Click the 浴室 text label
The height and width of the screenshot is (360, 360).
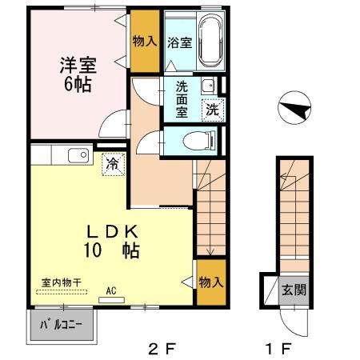point(178,43)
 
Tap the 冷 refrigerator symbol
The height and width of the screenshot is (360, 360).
point(113,164)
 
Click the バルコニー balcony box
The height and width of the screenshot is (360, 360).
point(62,326)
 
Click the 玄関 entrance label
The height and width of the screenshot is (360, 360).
point(291,290)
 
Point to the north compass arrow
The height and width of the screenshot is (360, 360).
point(294,109)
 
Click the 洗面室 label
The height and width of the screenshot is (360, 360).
point(182,100)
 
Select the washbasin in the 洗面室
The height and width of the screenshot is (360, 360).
point(208,86)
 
